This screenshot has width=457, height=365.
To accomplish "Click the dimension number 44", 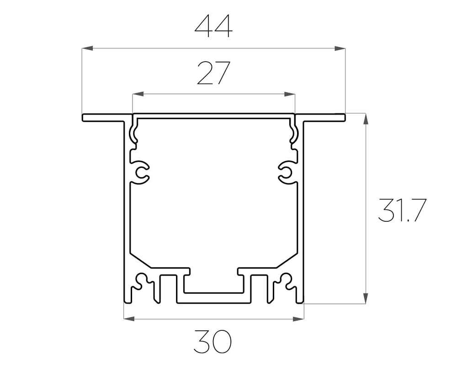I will (x=213, y=26).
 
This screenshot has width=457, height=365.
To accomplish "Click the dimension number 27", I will (x=213, y=74).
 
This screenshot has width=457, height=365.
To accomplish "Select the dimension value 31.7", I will (x=402, y=210).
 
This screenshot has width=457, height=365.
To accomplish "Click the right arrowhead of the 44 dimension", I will (x=340, y=48).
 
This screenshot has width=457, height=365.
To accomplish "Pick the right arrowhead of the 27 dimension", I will (x=290, y=94).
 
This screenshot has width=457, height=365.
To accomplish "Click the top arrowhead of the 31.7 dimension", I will (x=365, y=118).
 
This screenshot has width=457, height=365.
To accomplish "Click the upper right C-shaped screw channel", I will (x=286, y=172).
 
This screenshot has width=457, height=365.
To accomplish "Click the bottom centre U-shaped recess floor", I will (x=213, y=291).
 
